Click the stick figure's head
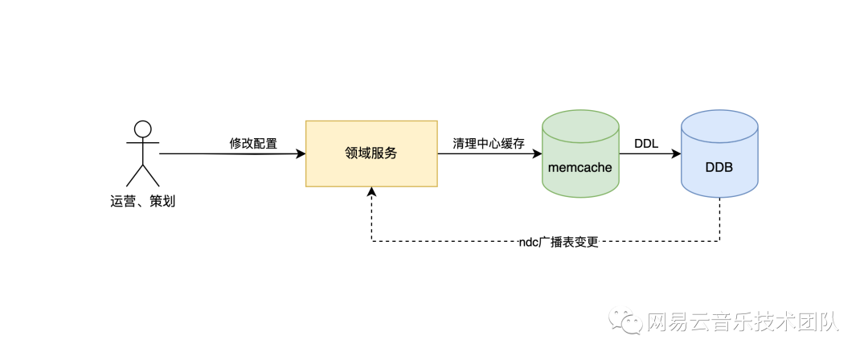coord(143,129)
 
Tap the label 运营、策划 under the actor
coord(142,201)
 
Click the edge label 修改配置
coord(253,144)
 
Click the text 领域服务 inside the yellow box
coord(371,153)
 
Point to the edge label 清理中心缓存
coord(489,144)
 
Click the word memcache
coord(580,168)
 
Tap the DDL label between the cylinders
coord(646,144)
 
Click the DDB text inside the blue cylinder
coord(719,168)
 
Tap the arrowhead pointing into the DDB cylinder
coord(677,153)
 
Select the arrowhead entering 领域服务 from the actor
coord(301,153)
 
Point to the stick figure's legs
coord(143,176)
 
